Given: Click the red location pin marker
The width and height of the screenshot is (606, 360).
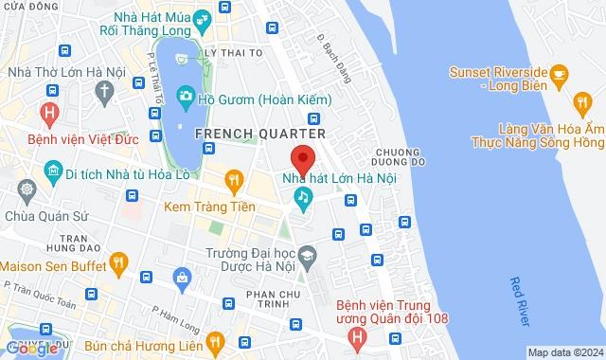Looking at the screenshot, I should [x=301, y=158].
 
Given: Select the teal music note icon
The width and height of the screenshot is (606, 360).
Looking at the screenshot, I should [x=303, y=197].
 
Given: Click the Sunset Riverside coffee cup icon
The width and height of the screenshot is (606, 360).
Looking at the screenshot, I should [x=559, y=73].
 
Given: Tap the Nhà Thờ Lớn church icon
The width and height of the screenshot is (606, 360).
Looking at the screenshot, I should [x=104, y=90].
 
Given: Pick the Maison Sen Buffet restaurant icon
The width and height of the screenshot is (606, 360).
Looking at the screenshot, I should [x=118, y=259].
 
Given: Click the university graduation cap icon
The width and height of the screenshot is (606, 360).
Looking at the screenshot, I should [x=308, y=255].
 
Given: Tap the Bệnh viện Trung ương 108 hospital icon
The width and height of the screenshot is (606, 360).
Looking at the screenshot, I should [x=356, y=336].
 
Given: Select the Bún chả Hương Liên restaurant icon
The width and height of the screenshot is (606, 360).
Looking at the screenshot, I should [x=215, y=341].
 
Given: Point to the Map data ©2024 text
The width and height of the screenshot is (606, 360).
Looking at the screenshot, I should [x=564, y=352].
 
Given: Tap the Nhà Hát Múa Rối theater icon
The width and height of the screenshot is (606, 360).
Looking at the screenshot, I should [x=202, y=19].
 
